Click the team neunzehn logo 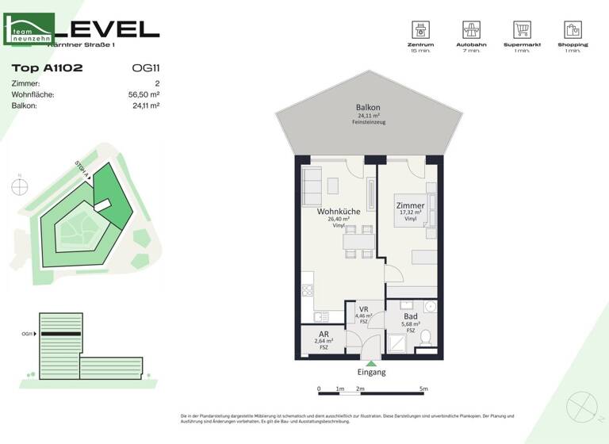tap(30, 29)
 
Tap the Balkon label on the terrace tap(368, 108)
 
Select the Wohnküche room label tap(339, 212)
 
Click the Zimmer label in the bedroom tap(410, 206)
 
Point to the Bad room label tap(410, 316)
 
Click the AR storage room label tap(324, 335)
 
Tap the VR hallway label tap(364, 309)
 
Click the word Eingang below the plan tap(371, 373)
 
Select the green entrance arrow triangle tap(371, 363)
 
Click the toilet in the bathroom tap(426, 337)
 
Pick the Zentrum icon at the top tap(419, 30)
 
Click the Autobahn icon tap(472, 30)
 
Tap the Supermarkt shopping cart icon tap(522, 30)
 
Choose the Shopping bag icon tap(573, 30)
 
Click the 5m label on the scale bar tap(423, 389)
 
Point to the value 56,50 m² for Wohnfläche tap(144, 94)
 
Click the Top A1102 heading tap(48, 68)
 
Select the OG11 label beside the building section tap(28, 334)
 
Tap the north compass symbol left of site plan tap(20, 187)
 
